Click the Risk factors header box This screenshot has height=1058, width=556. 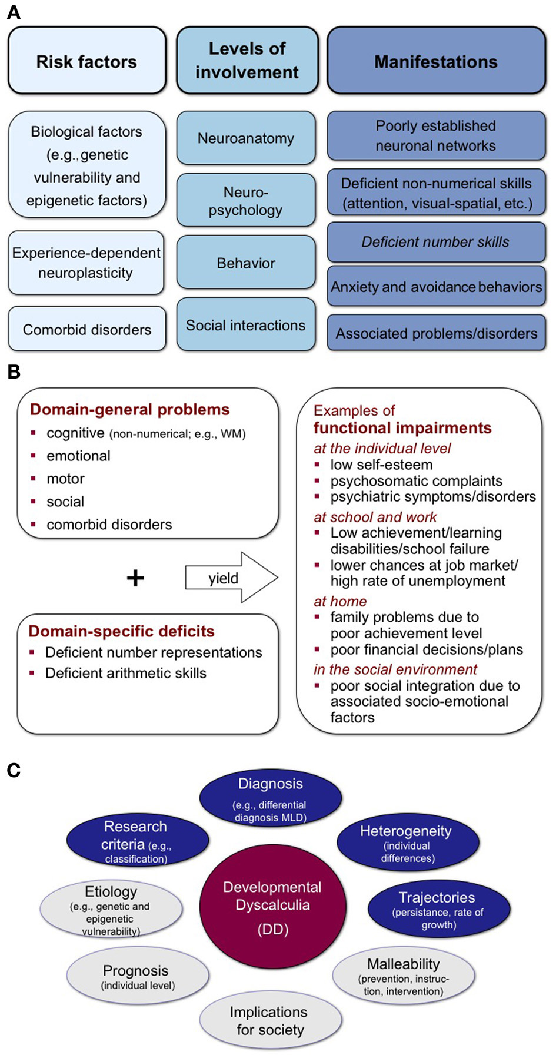[x=86, y=61]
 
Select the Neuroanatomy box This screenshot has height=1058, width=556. [x=246, y=138]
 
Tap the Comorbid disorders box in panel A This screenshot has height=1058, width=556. [x=86, y=329]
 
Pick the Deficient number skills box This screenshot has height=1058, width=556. [x=435, y=242]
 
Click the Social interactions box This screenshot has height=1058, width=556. [x=246, y=325]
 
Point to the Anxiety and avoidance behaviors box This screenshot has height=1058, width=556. [x=435, y=287]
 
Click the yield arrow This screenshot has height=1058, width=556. [x=229, y=578]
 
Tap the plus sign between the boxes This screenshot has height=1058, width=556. [x=135, y=578]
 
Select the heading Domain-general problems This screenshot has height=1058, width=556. [x=129, y=410]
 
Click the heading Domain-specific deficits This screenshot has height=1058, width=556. [x=121, y=631]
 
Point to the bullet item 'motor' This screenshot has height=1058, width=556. [x=65, y=479]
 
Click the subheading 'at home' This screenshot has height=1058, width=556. [x=340, y=601]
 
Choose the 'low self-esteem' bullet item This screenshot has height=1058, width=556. [x=381, y=465]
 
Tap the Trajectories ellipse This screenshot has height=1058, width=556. [x=438, y=908]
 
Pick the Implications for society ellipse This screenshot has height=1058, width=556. [x=269, y=1020]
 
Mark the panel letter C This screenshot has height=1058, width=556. [x=14, y=770]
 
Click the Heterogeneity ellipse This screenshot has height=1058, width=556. [x=407, y=843]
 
